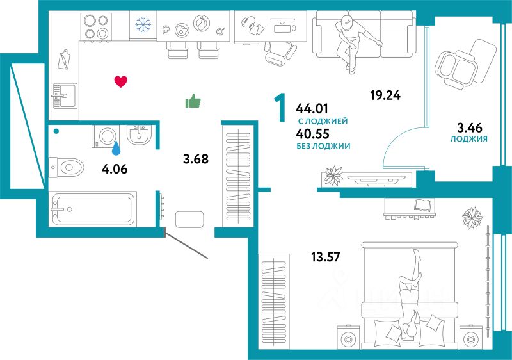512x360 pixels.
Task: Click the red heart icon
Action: (x=120, y=81)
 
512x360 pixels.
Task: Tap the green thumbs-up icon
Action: (x=193, y=101)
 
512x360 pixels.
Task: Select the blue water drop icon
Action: (x=116, y=149)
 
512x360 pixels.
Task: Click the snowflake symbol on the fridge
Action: (x=142, y=24)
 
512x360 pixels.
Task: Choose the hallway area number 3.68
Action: (x=196, y=159)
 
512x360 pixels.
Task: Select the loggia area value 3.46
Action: (x=469, y=127)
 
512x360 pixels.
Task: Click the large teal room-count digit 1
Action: (x=279, y=108)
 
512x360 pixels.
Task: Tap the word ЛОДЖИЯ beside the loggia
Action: (x=469, y=138)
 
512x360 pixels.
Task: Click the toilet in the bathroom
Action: (x=67, y=168)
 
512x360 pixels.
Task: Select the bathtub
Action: (x=92, y=208)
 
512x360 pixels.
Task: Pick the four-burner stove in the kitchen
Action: (x=96, y=26)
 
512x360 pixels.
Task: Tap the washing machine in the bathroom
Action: (x=106, y=136)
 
